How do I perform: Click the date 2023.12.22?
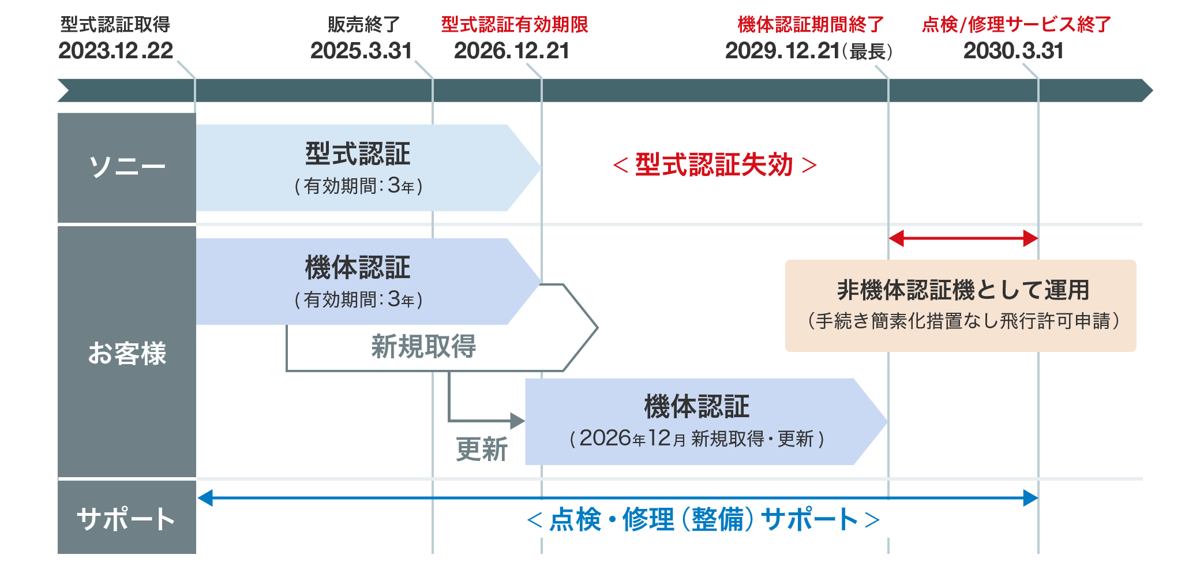click(115, 51)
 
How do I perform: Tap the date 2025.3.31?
click(361, 51)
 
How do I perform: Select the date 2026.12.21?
click(511, 51)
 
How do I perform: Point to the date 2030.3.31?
click(1013, 51)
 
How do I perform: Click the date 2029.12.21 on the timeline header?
click(782, 51)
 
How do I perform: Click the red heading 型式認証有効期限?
click(514, 25)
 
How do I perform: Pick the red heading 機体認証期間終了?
click(810, 25)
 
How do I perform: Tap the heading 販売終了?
click(363, 25)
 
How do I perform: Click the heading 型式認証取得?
click(115, 25)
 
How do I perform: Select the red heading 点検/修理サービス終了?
click(1016, 25)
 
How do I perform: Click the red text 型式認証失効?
click(714, 165)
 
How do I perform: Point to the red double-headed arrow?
click(963, 238)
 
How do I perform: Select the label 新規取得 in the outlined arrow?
click(423, 347)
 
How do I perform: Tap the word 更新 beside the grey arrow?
click(482, 449)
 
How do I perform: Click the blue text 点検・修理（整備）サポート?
click(703, 519)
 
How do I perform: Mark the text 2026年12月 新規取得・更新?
click(697, 439)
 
